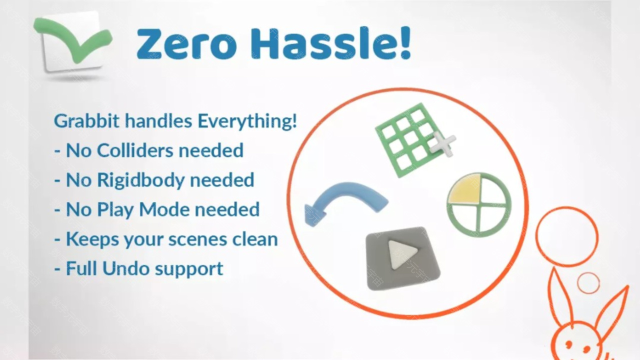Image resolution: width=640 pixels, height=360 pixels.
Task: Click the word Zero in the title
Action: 186,43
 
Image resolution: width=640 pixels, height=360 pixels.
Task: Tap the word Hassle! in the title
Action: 331,43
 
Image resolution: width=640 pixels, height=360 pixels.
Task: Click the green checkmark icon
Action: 73,39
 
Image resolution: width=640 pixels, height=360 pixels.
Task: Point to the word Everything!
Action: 247,121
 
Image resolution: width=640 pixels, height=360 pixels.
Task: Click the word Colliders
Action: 135,150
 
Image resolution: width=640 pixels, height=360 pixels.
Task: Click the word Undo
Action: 125,268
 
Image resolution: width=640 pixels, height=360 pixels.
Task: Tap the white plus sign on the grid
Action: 442,144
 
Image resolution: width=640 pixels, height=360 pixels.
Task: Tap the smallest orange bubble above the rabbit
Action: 588,283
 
